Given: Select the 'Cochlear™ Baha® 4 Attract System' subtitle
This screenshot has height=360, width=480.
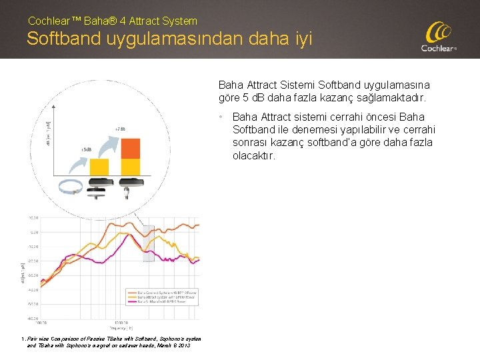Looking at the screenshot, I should pyautogui.click(x=113, y=21).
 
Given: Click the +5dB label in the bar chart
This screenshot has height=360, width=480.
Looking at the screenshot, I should pyautogui.click(x=86, y=149).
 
